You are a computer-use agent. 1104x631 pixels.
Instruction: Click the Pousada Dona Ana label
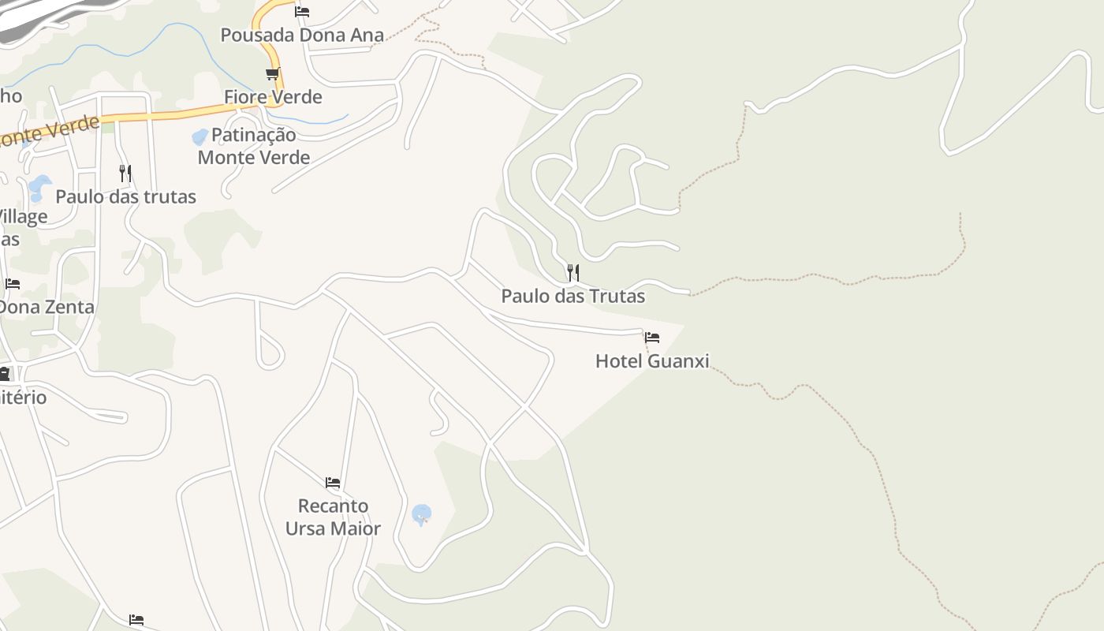(302, 35)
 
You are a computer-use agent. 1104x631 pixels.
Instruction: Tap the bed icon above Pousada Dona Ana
(302, 12)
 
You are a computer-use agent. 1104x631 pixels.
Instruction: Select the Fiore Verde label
(273, 97)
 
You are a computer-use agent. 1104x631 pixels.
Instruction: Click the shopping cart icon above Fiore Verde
(272, 74)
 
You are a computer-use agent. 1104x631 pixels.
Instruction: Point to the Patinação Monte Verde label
(253, 146)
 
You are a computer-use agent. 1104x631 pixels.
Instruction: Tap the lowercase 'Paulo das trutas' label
(125, 196)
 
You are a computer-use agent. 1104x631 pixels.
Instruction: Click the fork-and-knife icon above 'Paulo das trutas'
(125, 173)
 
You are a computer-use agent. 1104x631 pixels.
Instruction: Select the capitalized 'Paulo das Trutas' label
(573, 297)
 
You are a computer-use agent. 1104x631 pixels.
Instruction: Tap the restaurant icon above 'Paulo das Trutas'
(573, 273)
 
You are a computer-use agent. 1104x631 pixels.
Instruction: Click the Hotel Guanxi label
(652, 361)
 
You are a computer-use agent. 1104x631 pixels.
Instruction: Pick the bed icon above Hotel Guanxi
(652, 338)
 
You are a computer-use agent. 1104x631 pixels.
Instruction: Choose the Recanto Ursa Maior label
(333, 517)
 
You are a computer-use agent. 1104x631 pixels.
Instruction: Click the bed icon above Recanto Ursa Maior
(333, 482)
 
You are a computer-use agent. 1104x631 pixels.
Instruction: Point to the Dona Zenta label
(47, 307)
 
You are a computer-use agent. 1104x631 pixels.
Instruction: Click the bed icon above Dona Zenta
(13, 284)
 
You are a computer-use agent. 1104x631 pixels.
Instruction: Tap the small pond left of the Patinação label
(200, 137)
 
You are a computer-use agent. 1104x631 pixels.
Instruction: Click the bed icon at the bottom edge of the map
(136, 620)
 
